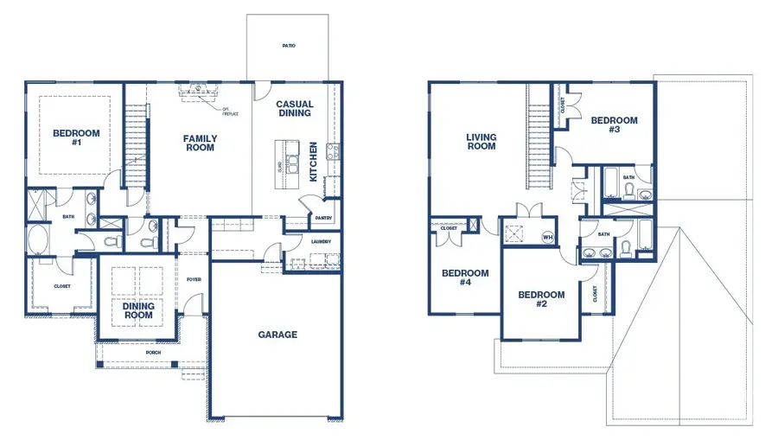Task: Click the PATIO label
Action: tap(288, 46)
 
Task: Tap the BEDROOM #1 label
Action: tap(76, 137)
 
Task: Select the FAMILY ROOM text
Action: tap(200, 143)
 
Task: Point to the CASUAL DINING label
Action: tap(295, 109)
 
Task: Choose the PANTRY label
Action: tap(324, 219)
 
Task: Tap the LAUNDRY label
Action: tap(320, 241)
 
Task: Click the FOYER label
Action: tap(194, 279)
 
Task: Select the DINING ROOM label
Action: tap(138, 310)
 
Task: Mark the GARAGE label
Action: tap(277, 335)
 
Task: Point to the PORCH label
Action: tap(153, 352)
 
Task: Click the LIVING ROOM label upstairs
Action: tap(481, 142)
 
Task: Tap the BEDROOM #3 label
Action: tap(614, 125)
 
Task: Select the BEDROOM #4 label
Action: tap(465, 277)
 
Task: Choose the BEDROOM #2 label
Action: tap(541, 299)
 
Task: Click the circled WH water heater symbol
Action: tap(547, 236)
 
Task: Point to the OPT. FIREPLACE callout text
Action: tap(231, 111)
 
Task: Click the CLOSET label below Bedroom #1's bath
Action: tap(61, 286)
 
